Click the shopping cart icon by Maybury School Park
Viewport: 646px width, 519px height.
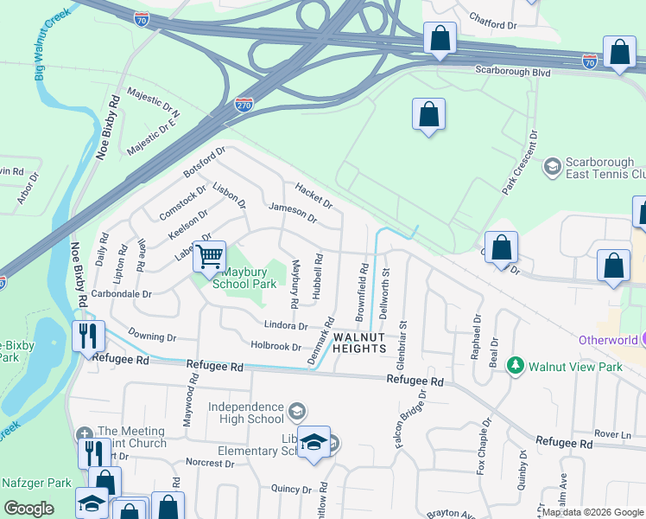pyautogui.click(x=209, y=256)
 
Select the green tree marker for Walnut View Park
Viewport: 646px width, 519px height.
pyautogui.click(x=516, y=367)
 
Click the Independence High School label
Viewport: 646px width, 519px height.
pyautogui.click(x=248, y=413)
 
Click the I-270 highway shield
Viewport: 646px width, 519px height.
pyautogui.click(x=244, y=104)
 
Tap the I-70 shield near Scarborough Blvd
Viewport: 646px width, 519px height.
pyautogui.click(x=589, y=61)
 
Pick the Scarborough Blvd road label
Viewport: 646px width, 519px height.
pyautogui.click(x=513, y=74)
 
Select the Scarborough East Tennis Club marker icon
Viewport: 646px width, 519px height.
pyautogui.click(x=552, y=165)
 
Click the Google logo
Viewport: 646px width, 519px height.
pyautogui.click(x=28, y=509)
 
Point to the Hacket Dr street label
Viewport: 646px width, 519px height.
pyautogui.click(x=313, y=195)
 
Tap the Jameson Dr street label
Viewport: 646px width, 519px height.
pyautogui.click(x=293, y=213)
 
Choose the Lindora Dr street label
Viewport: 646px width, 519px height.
pyautogui.click(x=285, y=326)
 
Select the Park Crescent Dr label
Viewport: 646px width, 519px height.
pyautogui.click(x=520, y=163)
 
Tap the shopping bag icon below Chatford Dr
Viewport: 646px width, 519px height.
pyautogui.click(x=440, y=39)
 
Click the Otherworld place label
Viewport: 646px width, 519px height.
pyautogui.click(x=613, y=340)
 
